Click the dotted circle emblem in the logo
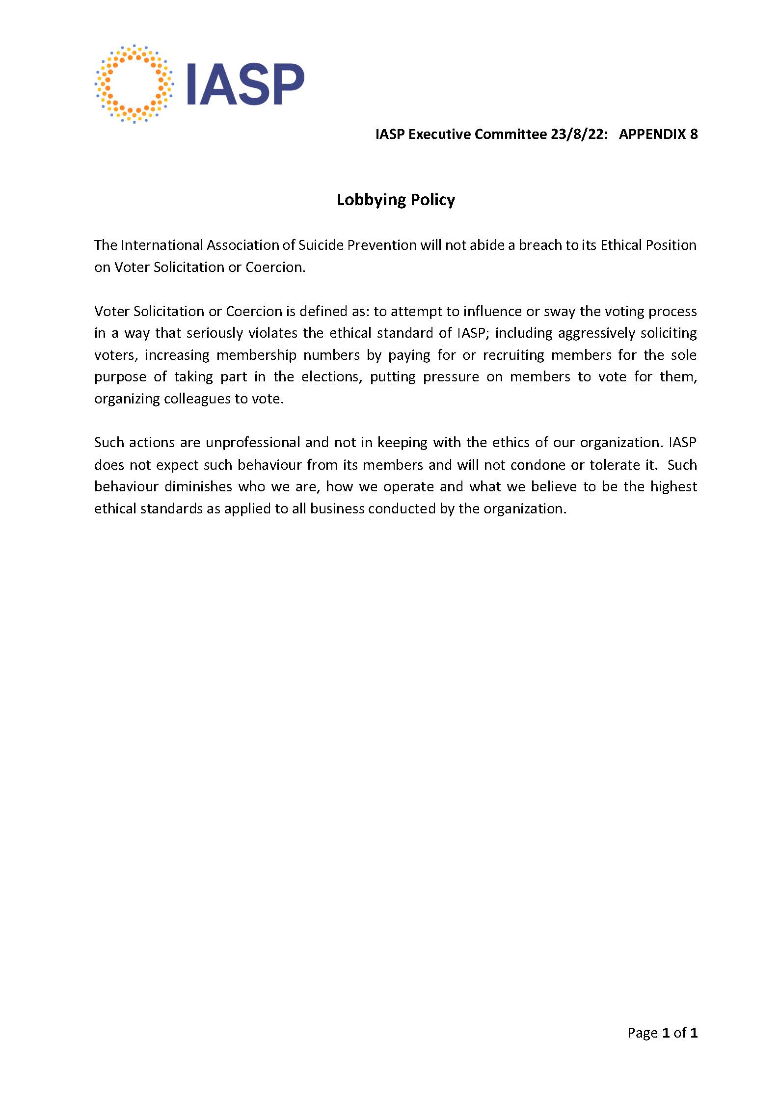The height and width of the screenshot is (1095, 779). pos(134,84)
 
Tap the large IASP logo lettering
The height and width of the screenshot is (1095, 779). pos(245,84)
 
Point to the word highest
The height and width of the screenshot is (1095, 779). pos(673,487)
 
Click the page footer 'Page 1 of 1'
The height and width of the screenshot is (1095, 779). pos(662,1033)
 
